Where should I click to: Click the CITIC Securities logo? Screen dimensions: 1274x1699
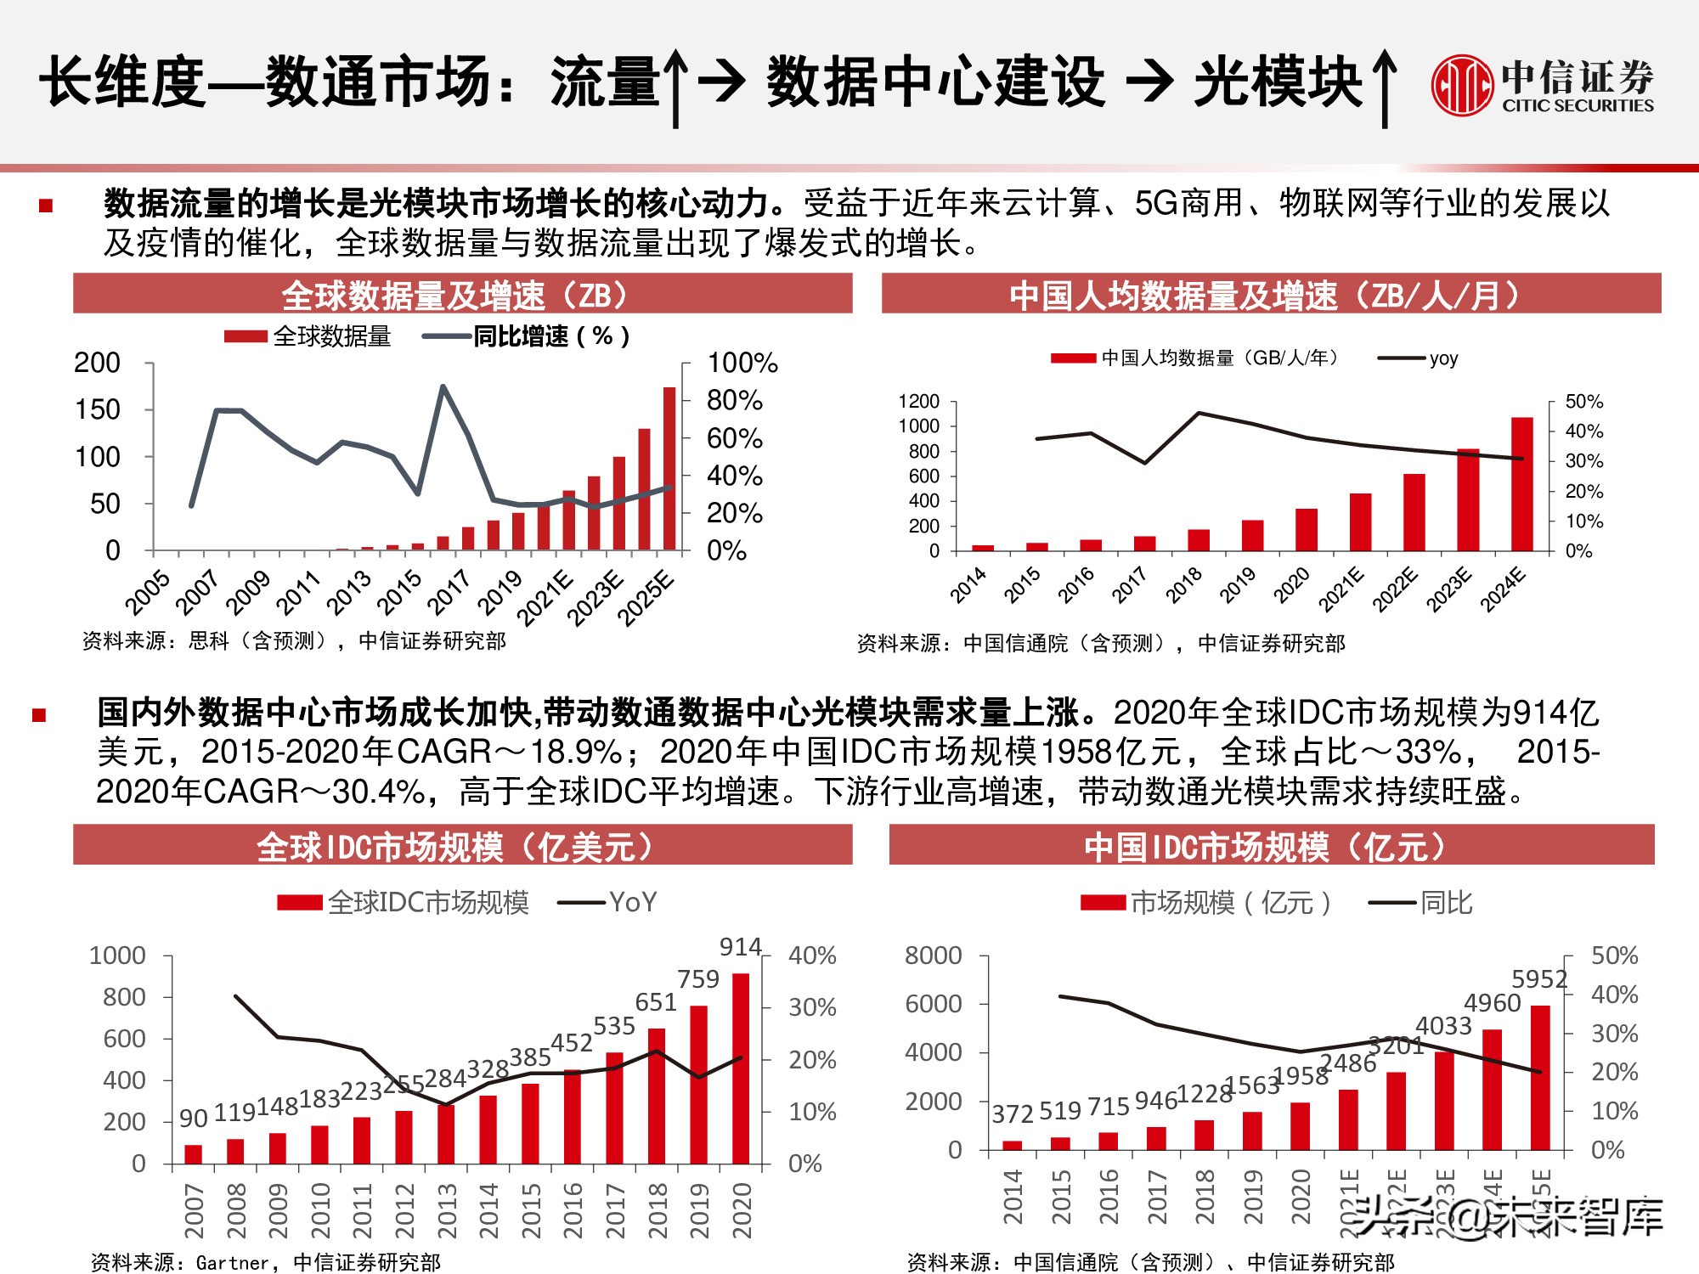coord(1542,85)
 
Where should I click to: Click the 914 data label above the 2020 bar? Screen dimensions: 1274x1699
coord(740,947)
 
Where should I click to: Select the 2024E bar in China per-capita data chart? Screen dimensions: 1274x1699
coord(1521,484)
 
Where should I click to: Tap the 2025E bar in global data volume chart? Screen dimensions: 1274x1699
coord(669,469)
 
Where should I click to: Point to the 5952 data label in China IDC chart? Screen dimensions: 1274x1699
coord(1538,979)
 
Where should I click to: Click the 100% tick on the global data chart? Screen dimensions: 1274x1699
coord(742,364)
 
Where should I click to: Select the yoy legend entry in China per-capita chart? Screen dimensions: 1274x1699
coord(1419,358)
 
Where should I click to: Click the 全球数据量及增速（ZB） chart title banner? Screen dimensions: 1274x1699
coord(462,294)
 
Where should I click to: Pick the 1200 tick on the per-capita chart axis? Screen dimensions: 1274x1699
coord(918,401)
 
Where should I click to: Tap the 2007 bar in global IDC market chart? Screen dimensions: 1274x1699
coord(194,1153)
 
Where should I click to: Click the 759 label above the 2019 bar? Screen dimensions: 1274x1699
coord(698,979)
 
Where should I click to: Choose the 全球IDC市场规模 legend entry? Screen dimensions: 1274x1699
coord(404,902)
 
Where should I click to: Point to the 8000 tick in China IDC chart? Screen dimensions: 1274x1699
coord(933,956)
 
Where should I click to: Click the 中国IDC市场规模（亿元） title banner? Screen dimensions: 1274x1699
coord(1271,846)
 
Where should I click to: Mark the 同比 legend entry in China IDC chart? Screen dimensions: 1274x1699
coord(1421,902)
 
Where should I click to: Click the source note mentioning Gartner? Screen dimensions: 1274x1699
coord(265,1263)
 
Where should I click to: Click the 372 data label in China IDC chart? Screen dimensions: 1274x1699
coord(1012,1113)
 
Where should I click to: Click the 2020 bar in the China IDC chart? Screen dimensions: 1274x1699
coord(1300,1126)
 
